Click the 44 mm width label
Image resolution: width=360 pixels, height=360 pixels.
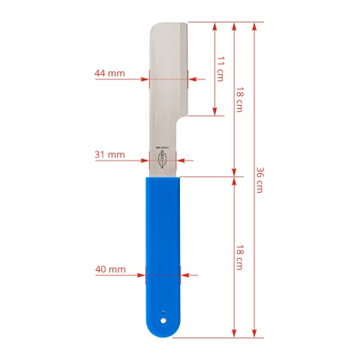[x=109, y=73]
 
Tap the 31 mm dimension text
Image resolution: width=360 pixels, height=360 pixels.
[x=109, y=154]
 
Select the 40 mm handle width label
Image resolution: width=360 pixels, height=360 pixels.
[x=110, y=268]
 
